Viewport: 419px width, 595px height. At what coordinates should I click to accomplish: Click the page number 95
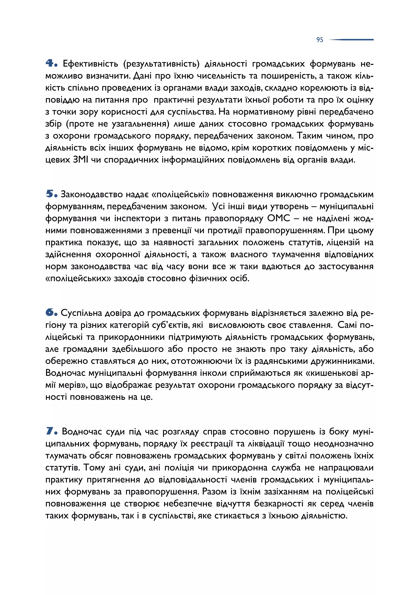click(320, 40)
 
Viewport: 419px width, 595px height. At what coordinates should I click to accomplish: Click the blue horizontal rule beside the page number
click(352, 40)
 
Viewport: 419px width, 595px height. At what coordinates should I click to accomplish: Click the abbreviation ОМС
click(279, 218)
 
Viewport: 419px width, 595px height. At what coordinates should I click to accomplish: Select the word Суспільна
click(82, 313)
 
